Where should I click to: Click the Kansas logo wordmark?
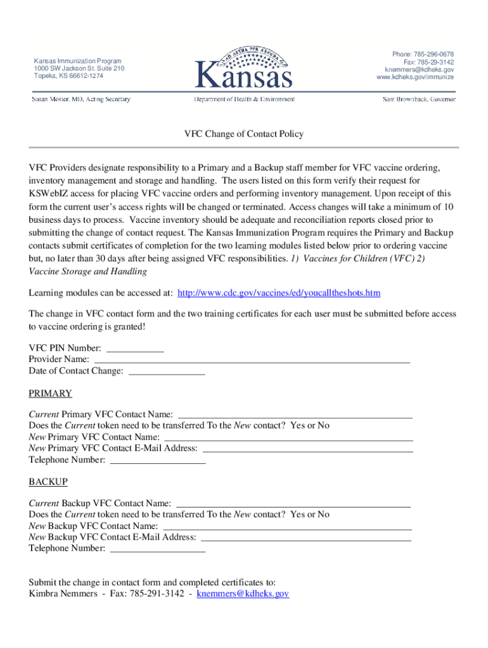click(244, 75)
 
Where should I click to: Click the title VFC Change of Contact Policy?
click(244, 134)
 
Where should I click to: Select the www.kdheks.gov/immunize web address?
click(415, 77)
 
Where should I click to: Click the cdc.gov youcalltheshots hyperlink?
click(279, 293)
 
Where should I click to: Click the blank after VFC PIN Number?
click(135, 349)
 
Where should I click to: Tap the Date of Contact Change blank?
click(167, 371)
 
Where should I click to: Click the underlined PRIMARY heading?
click(50, 394)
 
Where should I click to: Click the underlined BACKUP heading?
click(48, 482)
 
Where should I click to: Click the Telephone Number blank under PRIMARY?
click(158, 460)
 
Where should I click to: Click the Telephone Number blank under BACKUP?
click(158, 549)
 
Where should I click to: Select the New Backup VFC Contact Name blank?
click(288, 526)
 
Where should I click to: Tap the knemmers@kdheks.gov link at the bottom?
click(243, 594)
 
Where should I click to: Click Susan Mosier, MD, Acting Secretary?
click(82, 99)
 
